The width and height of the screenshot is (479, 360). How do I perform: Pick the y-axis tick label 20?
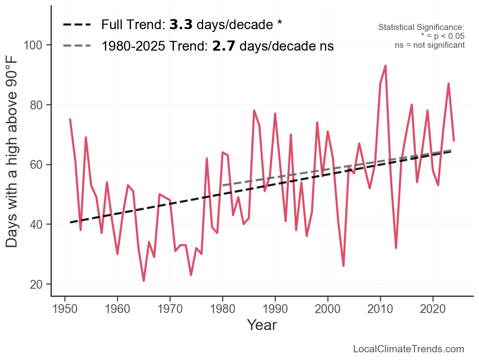point(37,284)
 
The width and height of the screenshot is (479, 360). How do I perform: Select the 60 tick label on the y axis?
point(37,164)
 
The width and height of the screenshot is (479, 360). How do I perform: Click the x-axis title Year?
point(262,325)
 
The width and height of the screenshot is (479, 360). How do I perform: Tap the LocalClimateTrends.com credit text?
point(409,349)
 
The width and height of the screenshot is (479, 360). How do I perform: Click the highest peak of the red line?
point(386,66)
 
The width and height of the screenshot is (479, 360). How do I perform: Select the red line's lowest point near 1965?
point(144,281)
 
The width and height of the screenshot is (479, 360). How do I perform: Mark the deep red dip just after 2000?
point(343,266)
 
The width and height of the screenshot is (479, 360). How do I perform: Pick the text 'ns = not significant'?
point(430,45)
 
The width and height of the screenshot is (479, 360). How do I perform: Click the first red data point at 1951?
point(70,119)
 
